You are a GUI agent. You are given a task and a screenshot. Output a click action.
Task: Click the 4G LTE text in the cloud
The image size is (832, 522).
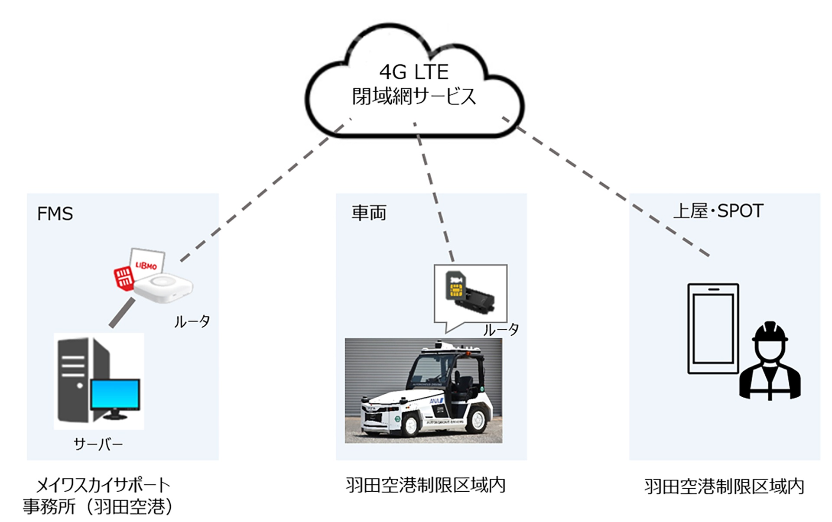point(414,72)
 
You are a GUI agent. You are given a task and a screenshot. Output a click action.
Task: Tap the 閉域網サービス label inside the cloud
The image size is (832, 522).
point(414,96)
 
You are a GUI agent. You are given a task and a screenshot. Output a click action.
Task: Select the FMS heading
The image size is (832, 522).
point(55,214)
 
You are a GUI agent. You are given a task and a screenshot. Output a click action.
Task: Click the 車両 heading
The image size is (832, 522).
point(369,213)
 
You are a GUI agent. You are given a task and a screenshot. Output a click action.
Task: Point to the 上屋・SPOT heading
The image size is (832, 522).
point(718,211)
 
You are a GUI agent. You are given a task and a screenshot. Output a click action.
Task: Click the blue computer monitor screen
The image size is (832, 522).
point(116,394)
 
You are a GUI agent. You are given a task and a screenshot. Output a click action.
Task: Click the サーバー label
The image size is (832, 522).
point(98,444)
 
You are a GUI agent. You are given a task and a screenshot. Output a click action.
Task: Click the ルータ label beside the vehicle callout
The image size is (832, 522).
point(501,330)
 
